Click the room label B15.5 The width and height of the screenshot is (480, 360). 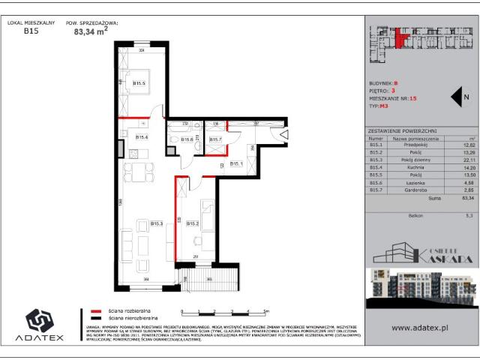click(x=139, y=84)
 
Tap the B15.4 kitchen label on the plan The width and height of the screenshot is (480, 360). click(x=142, y=137)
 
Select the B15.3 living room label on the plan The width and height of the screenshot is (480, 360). click(x=157, y=223)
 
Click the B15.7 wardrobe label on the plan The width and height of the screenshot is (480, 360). click(x=215, y=139)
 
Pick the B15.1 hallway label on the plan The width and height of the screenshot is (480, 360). click(x=235, y=163)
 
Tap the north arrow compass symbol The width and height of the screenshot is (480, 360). click(x=459, y=97)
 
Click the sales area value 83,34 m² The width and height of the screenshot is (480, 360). click(x=94, y=31)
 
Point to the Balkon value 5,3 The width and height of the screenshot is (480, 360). click(x=470, y=215)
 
